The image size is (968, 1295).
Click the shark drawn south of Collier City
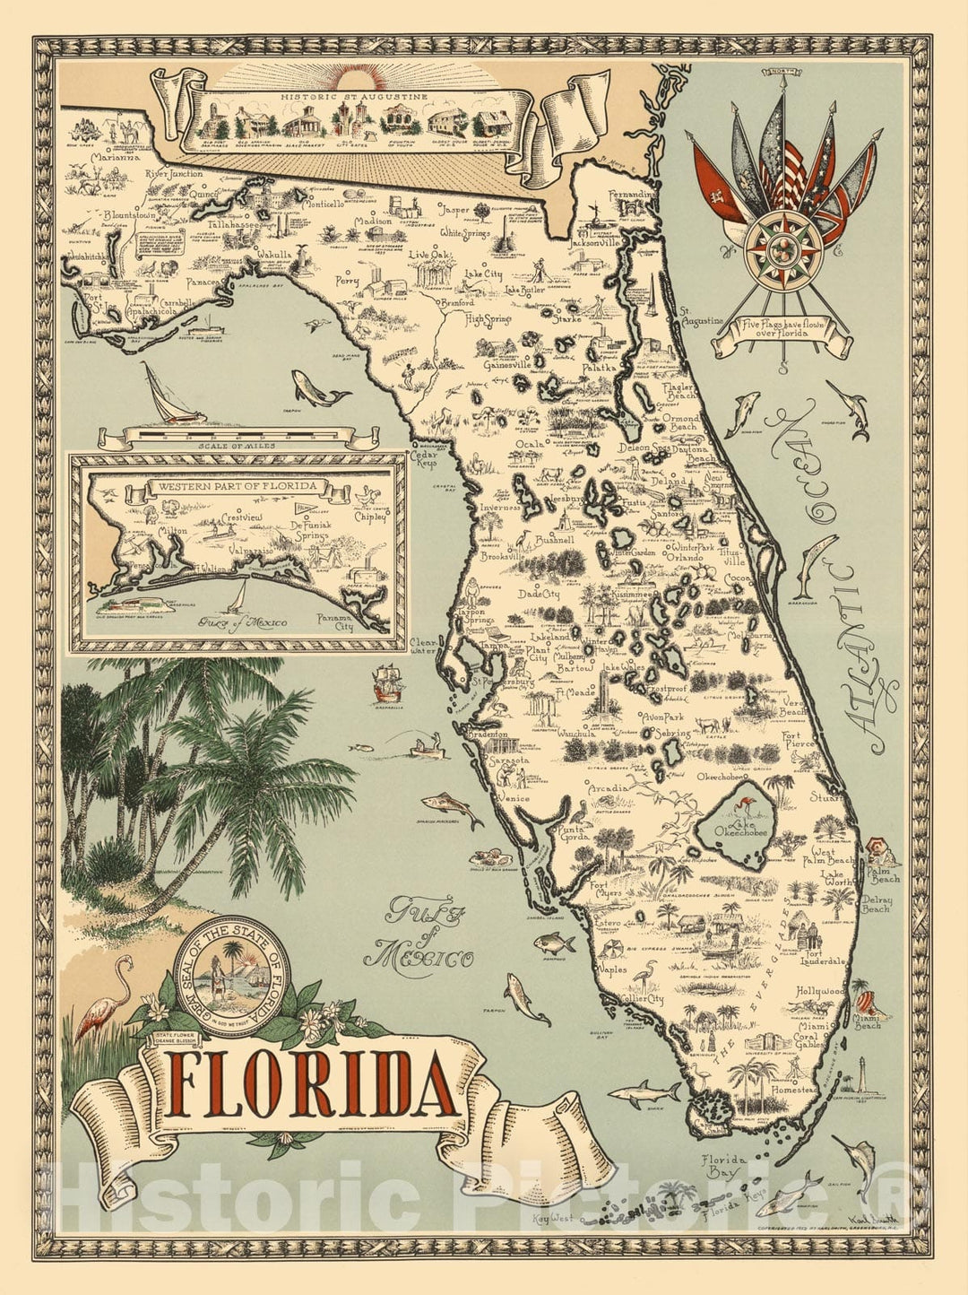pos(644,1091)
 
